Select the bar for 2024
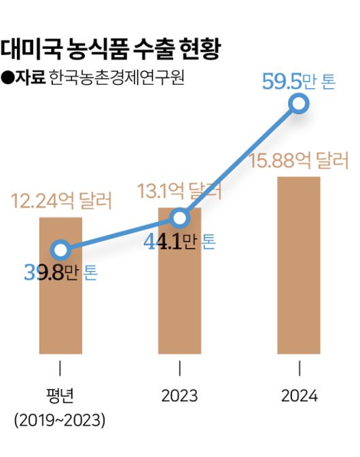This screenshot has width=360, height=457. (298, 265)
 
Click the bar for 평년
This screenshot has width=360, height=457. (60, 306)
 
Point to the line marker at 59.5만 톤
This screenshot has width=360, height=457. (298, 104)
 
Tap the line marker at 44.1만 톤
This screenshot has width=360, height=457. (179, 218)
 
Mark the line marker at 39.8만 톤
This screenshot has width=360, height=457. (60, 250)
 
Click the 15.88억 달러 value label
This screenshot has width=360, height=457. (298, 162)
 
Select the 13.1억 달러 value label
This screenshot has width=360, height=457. (179, 191)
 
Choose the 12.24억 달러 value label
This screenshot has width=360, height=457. (61, 201)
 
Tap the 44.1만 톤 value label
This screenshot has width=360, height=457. (179, 241)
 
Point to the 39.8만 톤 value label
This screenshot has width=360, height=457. (61, 274)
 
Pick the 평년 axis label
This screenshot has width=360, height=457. (60, 396)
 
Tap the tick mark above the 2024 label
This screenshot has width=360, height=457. (299, 369)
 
